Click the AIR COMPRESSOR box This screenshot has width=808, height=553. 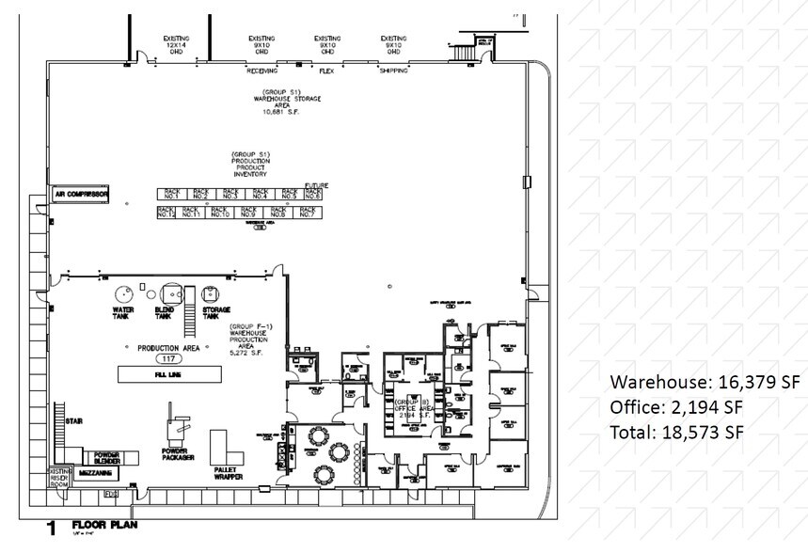(x=81, y=195)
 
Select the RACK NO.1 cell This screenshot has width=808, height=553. (x=168, y=194)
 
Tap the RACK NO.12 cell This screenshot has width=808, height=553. (x=166, y=213)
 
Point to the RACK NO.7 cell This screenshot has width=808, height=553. (x=307, y=213)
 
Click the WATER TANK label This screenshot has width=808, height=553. (x=123, y=312)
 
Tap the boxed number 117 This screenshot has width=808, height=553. (x=170, y=359)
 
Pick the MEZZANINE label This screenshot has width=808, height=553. (x=97, y=473)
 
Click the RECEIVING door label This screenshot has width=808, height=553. (x=261, y=71)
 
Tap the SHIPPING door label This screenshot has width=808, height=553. (x=393, y=71)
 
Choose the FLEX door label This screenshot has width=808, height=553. (x=327, y=71)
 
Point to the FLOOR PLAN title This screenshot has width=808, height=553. (x=103, y=524)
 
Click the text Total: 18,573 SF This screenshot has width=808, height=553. (x=677, y=433)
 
